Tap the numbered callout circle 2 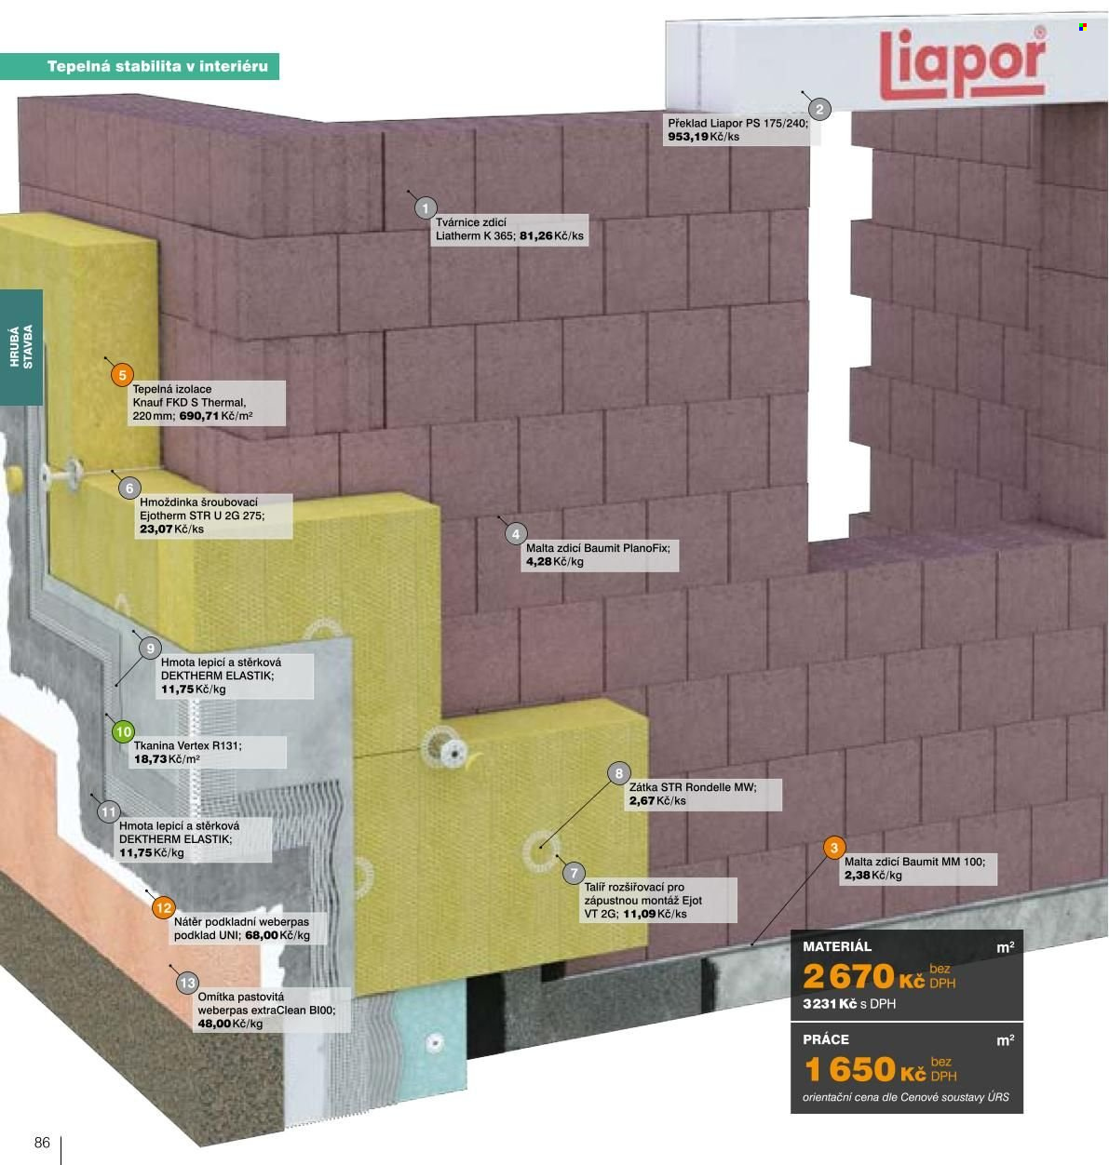[x=819, y=109]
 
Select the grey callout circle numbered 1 [x=426, y=208]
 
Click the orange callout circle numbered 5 [x=122, y=375]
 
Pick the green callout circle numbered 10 [x=123, y=731]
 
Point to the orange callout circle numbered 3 [x=834, y=848]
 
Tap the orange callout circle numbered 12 [x=164, y=908]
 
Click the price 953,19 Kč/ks [x=704, y=137]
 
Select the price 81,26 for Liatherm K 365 [x=536, y=235]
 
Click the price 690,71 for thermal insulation [x=199, y=416]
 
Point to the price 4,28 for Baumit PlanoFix [x=539, y=562]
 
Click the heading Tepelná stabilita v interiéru [x=157, y=66]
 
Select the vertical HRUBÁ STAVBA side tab [x=20, y=347]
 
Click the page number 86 [x=42, y=1143]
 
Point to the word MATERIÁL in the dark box [x=837, y=946]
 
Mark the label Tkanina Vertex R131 [x=187, y=745]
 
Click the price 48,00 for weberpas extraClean [x=214, y=1024]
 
